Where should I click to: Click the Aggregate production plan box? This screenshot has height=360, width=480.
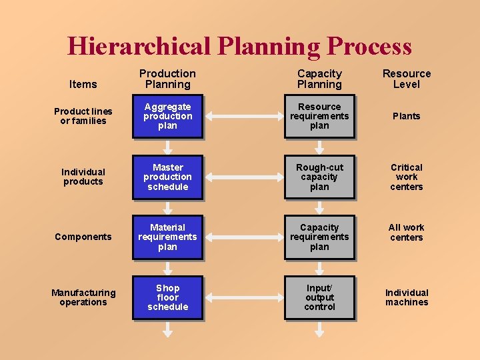click(x=167, y=116)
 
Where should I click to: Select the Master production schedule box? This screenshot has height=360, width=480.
click(x=167, y=177)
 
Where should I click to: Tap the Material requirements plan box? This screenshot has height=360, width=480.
click(x=167, y=237)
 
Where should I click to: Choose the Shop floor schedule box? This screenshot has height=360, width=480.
click(x=167, y=297)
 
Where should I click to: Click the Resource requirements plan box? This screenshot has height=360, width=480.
click(x=319, y=116)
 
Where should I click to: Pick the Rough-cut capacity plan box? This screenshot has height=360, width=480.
click(x=319, y=177)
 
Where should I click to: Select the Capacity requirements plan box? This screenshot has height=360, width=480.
click(x=319, y=237)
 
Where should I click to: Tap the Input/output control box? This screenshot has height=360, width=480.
click(x=319, y=297)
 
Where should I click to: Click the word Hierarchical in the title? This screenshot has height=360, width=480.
click(x=139, y=46)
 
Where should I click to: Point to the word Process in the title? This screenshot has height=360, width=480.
click(x=369, y=46)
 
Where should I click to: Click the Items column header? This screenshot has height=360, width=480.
click(x=83, y=84)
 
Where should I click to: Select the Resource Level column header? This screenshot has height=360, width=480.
click(x=407, y=79)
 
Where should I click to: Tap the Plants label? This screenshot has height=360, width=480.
click(x=407, y=116)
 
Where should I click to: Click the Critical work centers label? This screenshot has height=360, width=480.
click(x=407, y=177)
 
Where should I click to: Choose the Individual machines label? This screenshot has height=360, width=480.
click(x=407, y=297)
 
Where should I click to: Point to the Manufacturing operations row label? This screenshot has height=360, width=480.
click(x=83, y=297)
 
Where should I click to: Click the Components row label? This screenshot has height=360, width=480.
click(x=83, y=237)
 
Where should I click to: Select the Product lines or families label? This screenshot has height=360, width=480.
click(x=83, y=116)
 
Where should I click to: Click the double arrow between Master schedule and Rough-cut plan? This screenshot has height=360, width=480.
click(x=243, y=177)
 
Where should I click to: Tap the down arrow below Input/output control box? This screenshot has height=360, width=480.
click(x=319, y=329)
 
